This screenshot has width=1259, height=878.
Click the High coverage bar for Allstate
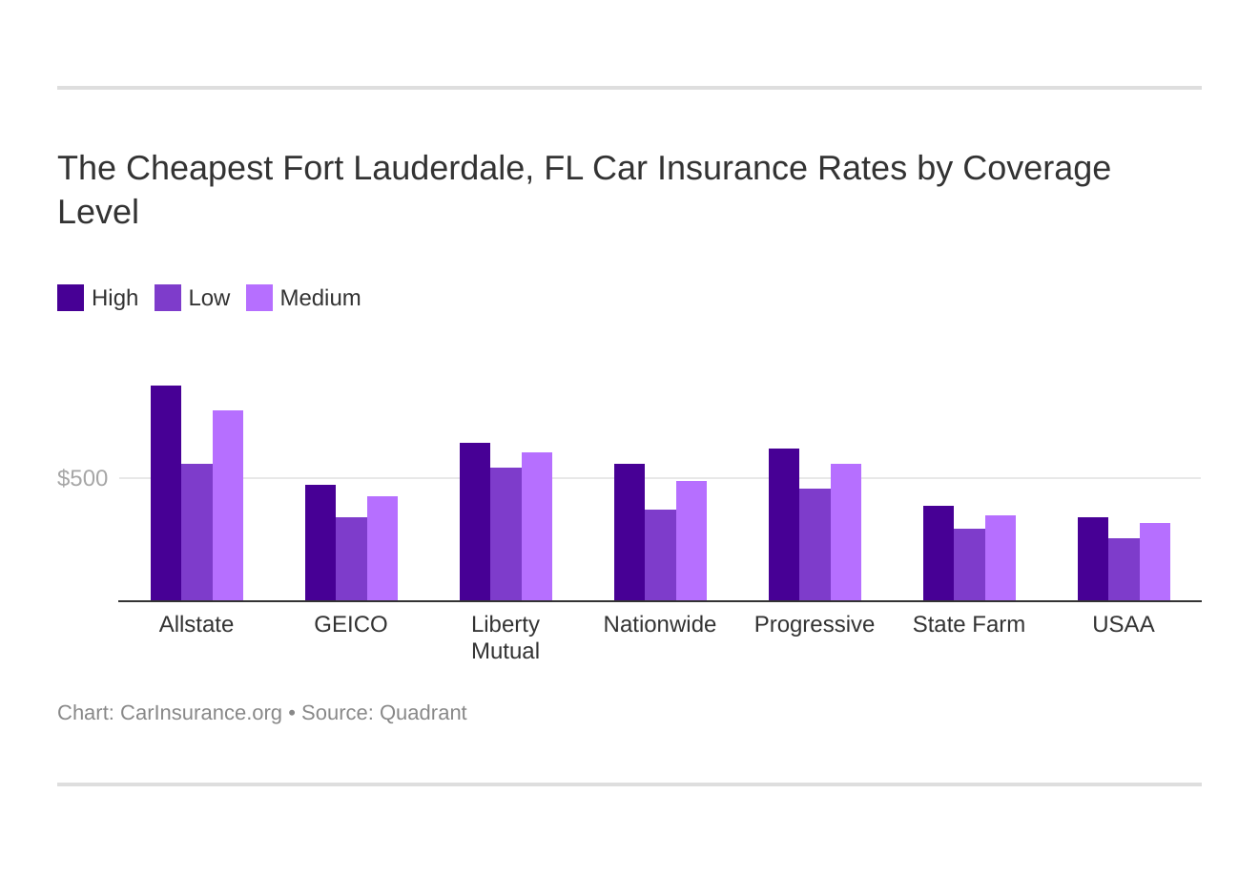coord(166,493)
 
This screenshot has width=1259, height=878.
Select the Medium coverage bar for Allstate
coord(228,506)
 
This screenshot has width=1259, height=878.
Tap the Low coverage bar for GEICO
coord(351,559)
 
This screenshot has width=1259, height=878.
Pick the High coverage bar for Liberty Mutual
coord(475,522)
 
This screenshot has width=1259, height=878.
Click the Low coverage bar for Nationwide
coord(660,555)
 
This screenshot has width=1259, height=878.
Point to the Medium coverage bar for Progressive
coord(846,533)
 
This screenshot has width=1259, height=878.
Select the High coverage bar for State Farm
coord(939,554)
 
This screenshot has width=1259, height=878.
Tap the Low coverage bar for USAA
coord(1124,570)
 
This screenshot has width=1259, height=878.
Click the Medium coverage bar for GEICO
coord(382,549)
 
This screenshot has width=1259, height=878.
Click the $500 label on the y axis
coord(83,478)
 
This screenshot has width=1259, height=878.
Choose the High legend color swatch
coord(71,298)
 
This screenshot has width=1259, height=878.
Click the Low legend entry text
coord(209,298)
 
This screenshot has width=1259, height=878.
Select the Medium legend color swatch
coord(259,298)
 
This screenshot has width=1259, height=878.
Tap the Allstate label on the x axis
coord(196,624)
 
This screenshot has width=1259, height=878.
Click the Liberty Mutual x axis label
coord(506,638)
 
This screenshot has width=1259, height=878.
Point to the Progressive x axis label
coord(815,624)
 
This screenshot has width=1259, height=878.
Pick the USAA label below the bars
coord(1124,624)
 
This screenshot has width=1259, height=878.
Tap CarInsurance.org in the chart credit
coord(201,713)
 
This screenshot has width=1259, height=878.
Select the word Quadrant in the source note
coord(423,713)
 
